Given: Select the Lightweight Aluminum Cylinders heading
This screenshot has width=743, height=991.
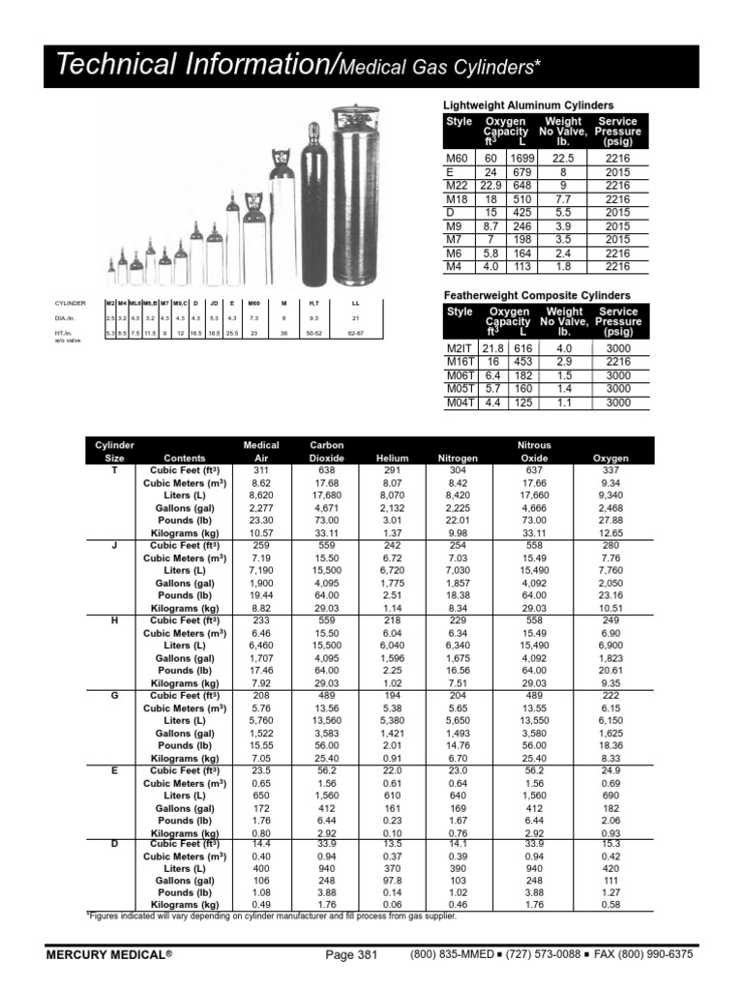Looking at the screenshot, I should click(528, 105).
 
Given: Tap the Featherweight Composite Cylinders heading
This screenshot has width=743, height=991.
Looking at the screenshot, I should click(536, 294).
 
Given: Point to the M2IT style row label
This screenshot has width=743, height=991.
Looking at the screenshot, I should click(459, 348).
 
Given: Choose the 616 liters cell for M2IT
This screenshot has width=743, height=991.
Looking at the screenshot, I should click(523, 348).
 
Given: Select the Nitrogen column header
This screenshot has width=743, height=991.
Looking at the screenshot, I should click(458, 458).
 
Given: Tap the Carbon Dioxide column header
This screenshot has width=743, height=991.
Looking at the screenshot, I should click(320, 452).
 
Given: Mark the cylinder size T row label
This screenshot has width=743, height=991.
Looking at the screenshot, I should click(114, 469).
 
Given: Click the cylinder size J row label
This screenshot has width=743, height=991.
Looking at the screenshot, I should click(114, 545).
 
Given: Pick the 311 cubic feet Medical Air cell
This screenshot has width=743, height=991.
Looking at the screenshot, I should click(260, 469).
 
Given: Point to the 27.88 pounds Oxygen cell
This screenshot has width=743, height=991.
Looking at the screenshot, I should click(610, 520).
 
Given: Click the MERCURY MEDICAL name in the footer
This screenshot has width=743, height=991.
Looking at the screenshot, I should click(109, 954).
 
